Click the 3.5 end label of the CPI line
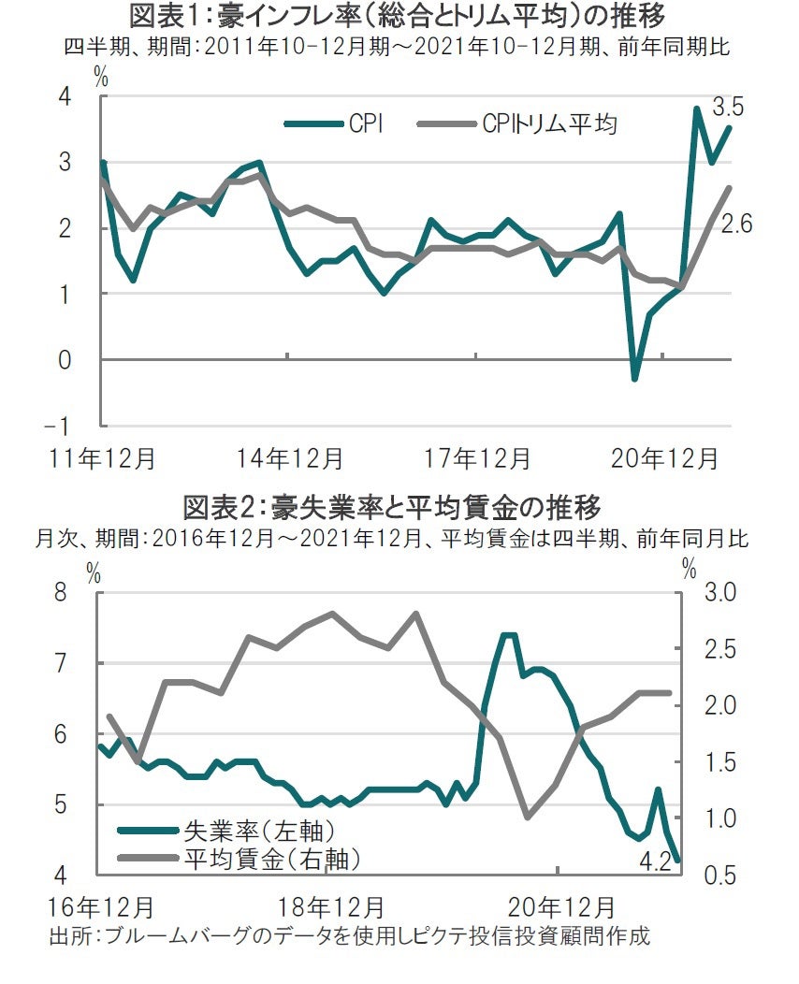click(727, 107)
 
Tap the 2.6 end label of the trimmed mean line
click(735, 224)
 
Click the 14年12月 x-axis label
click(289, 459)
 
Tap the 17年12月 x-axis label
click(477, 459)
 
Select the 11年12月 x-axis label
click(103, 459)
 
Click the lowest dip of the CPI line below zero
click(635, 379)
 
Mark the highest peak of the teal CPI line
click(696, 109)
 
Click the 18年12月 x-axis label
click(330, 907)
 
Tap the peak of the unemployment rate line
click(508, 635)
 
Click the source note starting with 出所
click(348, 936)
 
